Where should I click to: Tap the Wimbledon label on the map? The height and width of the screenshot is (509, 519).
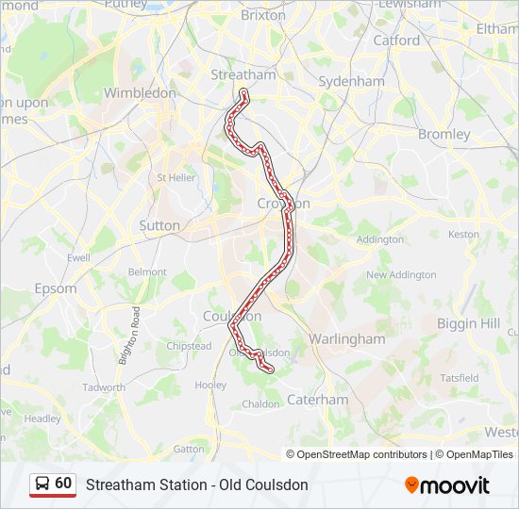click(x=140, y=93)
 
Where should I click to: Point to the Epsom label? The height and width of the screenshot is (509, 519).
click(x=56, y=288)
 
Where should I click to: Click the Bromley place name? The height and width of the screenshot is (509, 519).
click(x=444, y=134)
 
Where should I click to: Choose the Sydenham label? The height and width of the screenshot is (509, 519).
click(x=351, y=81)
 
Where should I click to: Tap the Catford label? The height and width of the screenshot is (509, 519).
click(x=396, y=41)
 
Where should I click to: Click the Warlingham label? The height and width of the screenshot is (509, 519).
click(x=347, y=338)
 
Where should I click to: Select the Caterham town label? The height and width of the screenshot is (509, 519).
click(x=317, y=400)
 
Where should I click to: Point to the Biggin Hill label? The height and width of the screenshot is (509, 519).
click(x=468, y=323)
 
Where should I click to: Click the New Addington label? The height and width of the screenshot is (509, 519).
click(x=401, y=275)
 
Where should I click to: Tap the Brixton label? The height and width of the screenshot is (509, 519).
click(x=263, y=15)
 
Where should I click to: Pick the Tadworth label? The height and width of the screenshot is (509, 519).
click(x=104, y=387)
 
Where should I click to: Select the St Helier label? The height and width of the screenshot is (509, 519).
click(x=176, y=177)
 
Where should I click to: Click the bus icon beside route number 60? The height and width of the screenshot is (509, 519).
click(x=42, y=484)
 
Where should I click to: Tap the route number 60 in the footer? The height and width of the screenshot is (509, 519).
click(x=63, y=484)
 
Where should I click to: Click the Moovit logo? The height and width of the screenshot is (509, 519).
click(x=447, y=485)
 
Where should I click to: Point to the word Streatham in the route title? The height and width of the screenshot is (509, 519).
click(x=118, y=485)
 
